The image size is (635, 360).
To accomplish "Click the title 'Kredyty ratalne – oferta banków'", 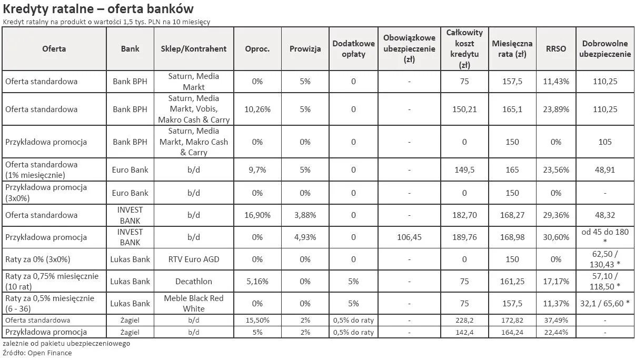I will click(x=98, y=9).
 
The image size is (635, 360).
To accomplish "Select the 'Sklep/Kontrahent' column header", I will click(x=194, y=49).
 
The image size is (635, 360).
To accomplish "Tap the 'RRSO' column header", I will click(x=556, y=49).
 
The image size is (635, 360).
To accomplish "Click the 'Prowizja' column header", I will click(x=305, y=49).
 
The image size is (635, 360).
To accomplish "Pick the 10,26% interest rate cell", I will click(x=257, y=109).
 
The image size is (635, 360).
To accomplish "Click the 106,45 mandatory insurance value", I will click(x=409, y=237).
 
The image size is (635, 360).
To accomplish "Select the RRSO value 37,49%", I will click(x=556, y=321).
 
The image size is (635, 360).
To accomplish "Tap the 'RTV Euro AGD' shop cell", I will click(x=194, y=259).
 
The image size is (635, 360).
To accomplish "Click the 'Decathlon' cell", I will click(x=194, y=282).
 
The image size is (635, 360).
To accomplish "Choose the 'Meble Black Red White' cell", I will click(x=194, y=304).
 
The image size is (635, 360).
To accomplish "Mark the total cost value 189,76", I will click(x=464, y=237).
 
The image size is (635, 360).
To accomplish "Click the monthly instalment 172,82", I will click(x=512, y=321).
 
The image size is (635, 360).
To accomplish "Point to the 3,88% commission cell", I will click(x=305, y=215).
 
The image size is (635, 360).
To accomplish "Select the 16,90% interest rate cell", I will click(x=257, y=215).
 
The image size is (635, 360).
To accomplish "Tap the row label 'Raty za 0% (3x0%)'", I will click(x=38, y=259).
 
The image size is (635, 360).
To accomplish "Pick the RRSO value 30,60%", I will click(x=556, y=237).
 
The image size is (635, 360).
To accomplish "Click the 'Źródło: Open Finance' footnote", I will click(x=37, y=353).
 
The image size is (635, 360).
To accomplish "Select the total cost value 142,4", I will click(x=464, y=333).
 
